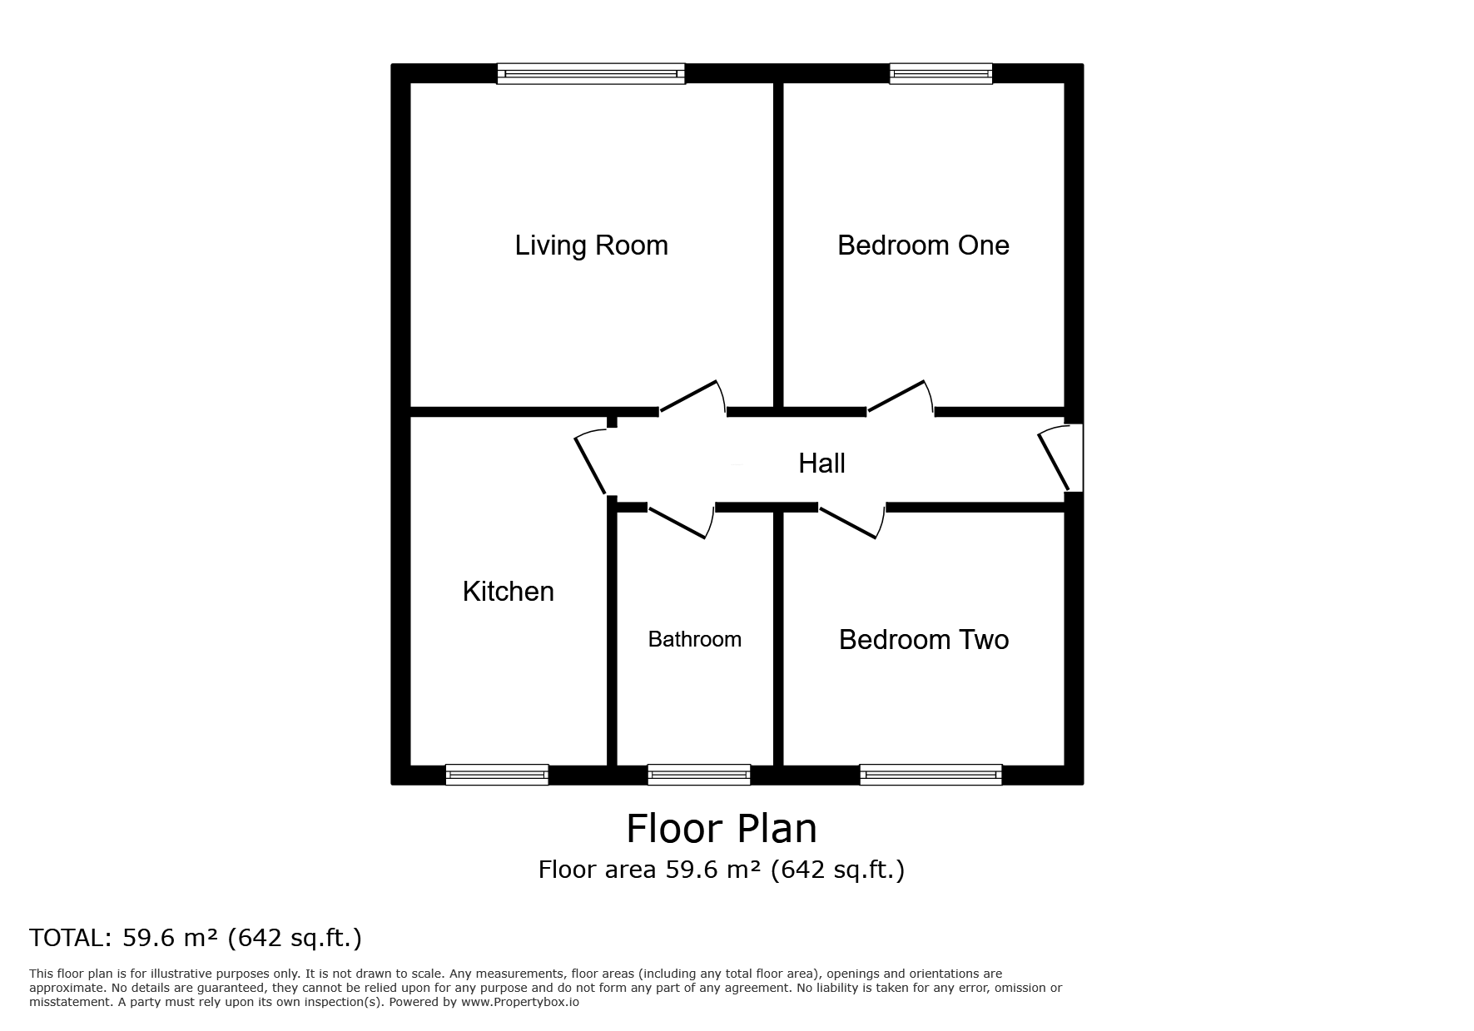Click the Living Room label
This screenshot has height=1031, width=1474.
coord(591,245)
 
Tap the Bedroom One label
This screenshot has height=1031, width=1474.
coord(923,245)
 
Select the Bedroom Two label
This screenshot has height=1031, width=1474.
coord(924,639)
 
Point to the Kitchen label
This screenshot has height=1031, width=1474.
coord(508,592)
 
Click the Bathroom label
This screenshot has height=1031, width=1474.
coord(695,639)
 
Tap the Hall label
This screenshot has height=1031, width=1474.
coord(821,463)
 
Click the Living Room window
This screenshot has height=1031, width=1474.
coord(591,74)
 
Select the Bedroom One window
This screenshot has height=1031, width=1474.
coord(941,74)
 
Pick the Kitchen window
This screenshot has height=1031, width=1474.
coord(497,775)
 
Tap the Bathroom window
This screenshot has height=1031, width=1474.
coord(699,775)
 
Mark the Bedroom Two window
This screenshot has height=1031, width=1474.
coord(931,775)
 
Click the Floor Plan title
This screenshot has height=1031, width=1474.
coord(722,829)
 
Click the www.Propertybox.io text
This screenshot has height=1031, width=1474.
coord(520,1002)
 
